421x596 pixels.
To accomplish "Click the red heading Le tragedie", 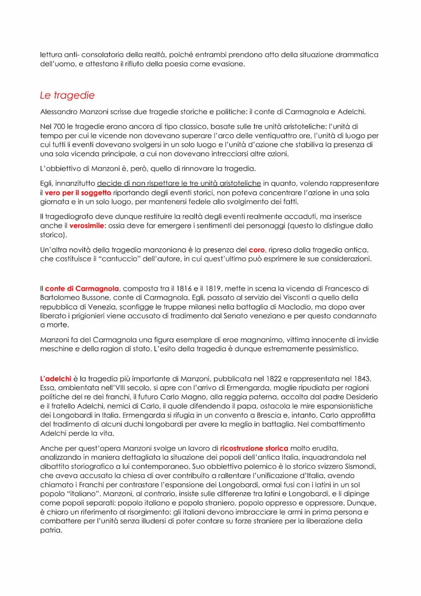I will click(67, 95).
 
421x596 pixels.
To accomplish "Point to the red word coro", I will click(257, 250).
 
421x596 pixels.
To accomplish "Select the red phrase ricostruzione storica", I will click(254, 448).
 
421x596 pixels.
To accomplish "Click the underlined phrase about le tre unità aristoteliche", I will click(179, 183).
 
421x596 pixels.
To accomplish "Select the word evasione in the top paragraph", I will click(228, 64).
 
